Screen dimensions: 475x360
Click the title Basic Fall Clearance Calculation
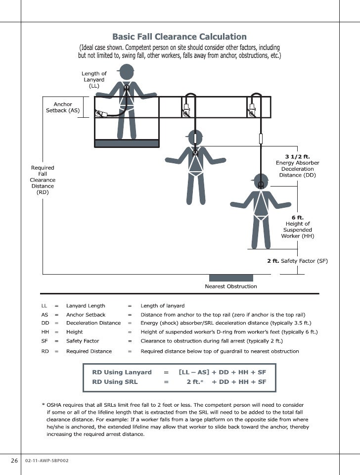coord(180,37)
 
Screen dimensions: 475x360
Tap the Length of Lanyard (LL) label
coord(94,80)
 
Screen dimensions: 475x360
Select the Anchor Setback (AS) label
coord(63,107)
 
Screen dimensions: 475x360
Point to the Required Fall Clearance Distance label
coord(43,180)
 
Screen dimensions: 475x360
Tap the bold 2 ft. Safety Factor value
coord(273,261)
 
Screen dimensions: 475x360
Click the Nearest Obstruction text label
coord(231,286)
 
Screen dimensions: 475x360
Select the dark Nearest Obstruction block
coord(231,278)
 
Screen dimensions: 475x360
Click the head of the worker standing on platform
coord(127,72)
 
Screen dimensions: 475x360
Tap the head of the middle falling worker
coord(196,137)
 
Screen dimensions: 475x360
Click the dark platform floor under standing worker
coord(127,143)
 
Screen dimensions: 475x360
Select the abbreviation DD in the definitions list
coord(45,323)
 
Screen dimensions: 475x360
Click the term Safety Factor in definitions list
coord(83,341)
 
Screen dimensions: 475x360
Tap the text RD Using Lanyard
coord(122,372)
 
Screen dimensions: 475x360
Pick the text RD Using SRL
coord(115,381)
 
